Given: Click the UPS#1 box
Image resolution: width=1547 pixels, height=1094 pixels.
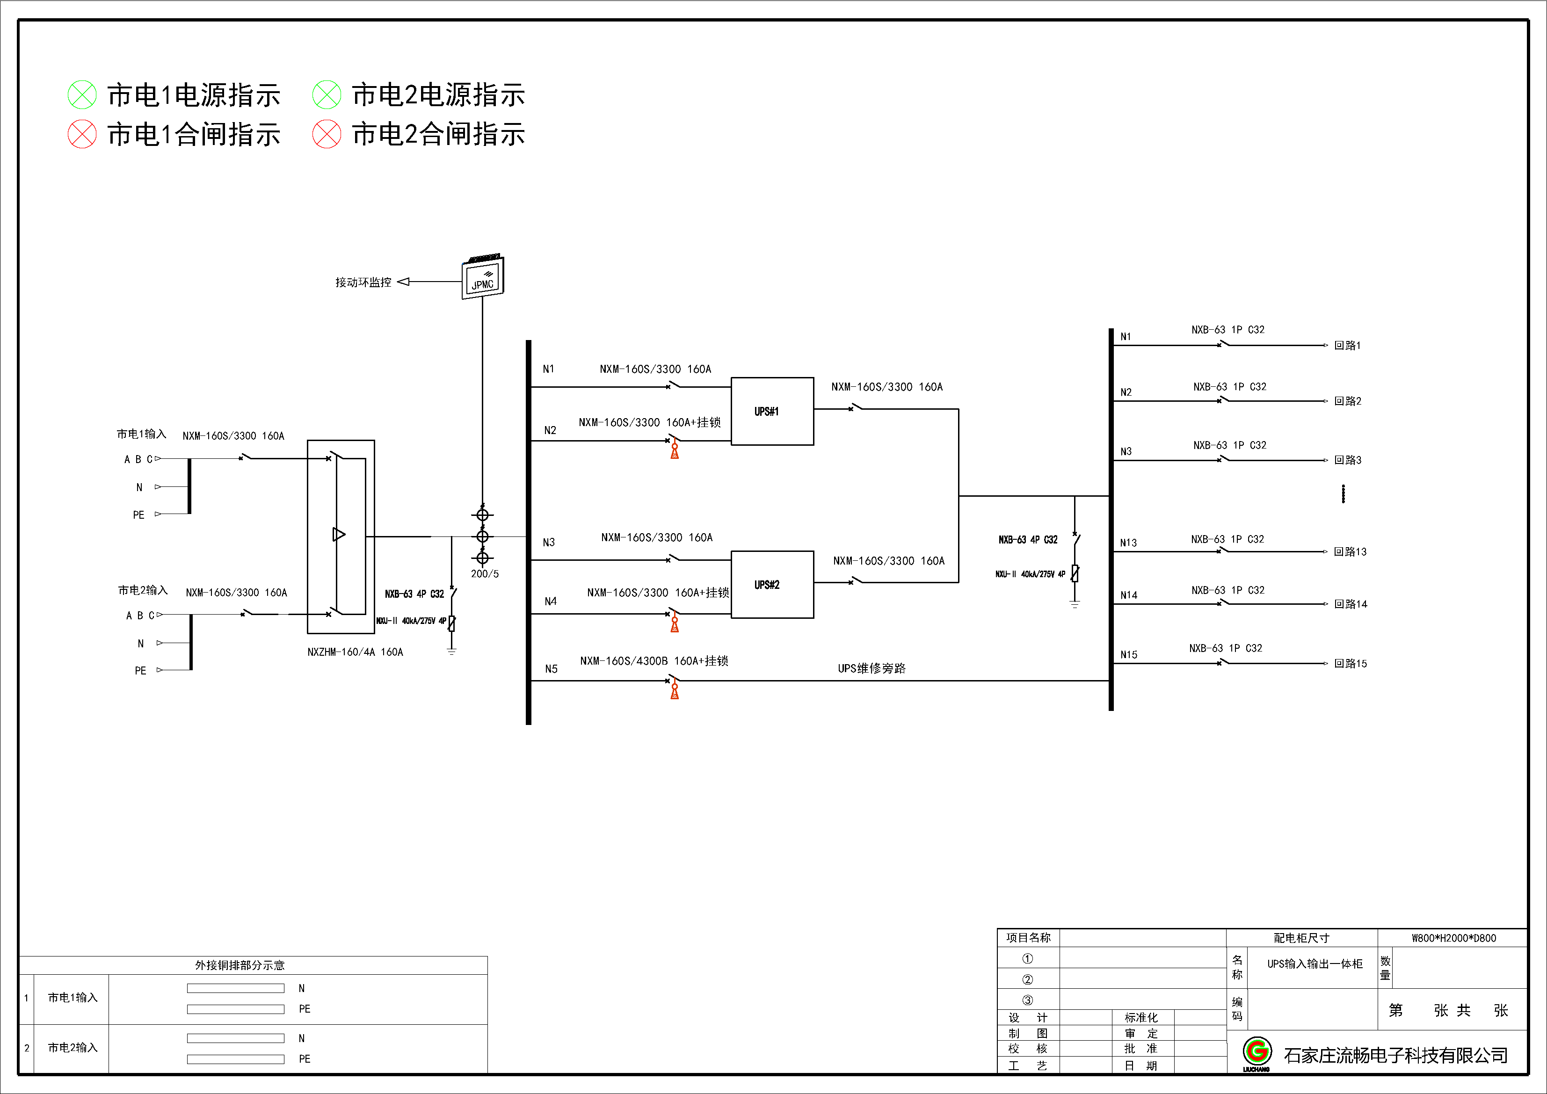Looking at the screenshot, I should tap(772, 412).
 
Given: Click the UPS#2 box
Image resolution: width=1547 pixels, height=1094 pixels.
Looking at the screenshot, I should tap(772, 585).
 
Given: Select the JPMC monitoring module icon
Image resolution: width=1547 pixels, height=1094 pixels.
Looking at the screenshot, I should tap(482, 277).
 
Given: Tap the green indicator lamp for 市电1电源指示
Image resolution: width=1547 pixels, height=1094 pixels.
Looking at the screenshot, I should tap(82, 95).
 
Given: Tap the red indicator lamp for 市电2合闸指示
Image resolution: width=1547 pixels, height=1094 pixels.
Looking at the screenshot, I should tap(327, 134).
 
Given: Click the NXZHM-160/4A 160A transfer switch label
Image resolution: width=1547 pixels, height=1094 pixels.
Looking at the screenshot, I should tap(355, 652).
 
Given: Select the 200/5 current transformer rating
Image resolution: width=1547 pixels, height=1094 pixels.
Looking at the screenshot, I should tap(485, 574).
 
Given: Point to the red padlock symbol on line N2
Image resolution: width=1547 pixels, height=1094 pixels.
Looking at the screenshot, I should tap(675, 451).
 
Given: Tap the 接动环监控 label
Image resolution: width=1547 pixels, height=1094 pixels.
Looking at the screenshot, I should tap(363, 282).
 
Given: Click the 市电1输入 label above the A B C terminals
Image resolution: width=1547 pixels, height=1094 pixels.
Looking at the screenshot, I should tap(141, 434).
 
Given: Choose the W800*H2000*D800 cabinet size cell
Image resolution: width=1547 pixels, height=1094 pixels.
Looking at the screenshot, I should tap(1453, 938).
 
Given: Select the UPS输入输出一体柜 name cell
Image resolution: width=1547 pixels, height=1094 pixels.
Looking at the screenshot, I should tap(1315, 964).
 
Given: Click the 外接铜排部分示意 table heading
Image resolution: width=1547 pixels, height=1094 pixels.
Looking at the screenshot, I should tap(240, 965).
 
